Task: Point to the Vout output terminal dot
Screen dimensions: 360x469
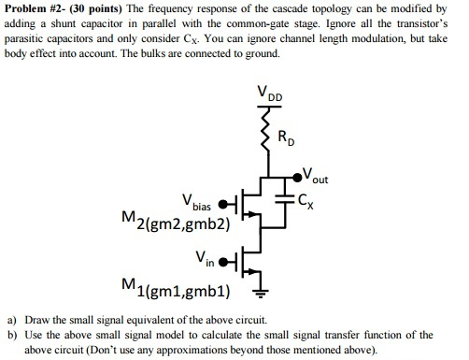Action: pyautogui.click(x=306, y=175)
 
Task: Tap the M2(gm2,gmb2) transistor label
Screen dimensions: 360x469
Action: pyautogui.click(x=177, y=223)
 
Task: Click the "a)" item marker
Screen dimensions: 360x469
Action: pyautogui.click(x=12, y=319)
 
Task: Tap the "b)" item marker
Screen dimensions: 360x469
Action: pyautogui.click(x=12, y=334)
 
